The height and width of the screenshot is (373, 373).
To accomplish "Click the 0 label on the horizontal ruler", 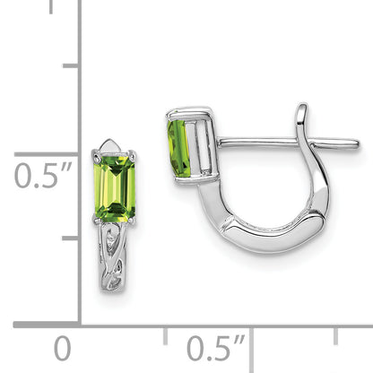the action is [63, 348].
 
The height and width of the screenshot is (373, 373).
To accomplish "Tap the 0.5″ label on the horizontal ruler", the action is [215, 348].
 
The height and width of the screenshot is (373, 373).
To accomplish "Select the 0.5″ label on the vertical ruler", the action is [43, 176].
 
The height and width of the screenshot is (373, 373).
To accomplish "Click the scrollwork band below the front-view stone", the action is [111, 257].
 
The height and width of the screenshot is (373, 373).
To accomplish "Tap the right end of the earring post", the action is [358, 143].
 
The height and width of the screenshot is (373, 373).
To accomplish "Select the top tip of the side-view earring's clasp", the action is [303, 105].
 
